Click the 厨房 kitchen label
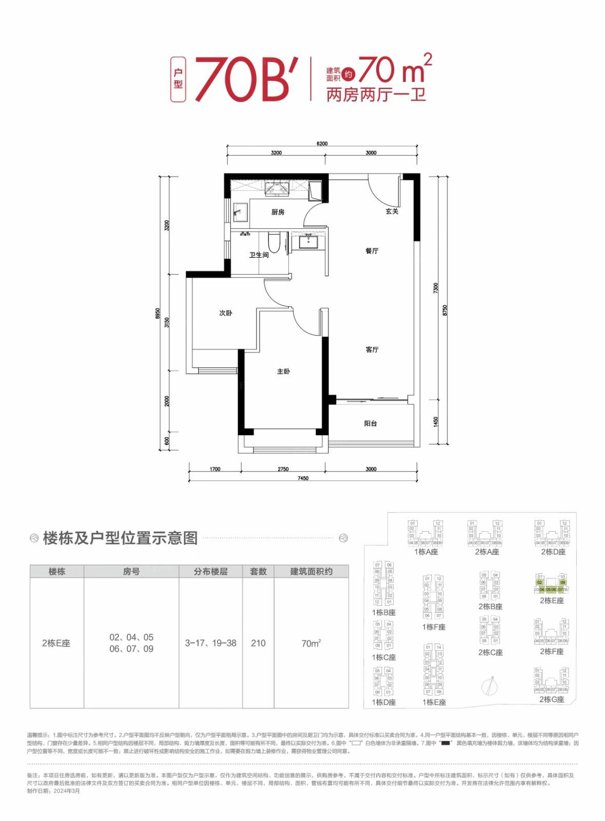[x=278, y=212]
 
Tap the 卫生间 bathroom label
[x=259, y=255]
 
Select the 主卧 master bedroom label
[x=283, y=371]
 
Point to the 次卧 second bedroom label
[x=226, y=312]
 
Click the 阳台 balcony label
[x=370, y=423]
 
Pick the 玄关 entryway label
[x=392, y=211]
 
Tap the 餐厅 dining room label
[x=372, y=250]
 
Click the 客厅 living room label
[x=372, y=349]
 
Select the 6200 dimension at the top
[x=322, y=144]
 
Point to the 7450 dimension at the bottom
[x=303, y=478]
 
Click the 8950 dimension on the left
[x=158, y=314]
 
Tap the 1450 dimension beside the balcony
[x=436, y=422]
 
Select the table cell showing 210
[x=258, y=643]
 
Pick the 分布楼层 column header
[x=210, y=571]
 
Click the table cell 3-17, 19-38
[x=210, y=643]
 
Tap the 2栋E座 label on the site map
[x=552, y=600]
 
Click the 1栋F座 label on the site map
[x=434, y=627]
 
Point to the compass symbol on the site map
[x=490, y=686]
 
